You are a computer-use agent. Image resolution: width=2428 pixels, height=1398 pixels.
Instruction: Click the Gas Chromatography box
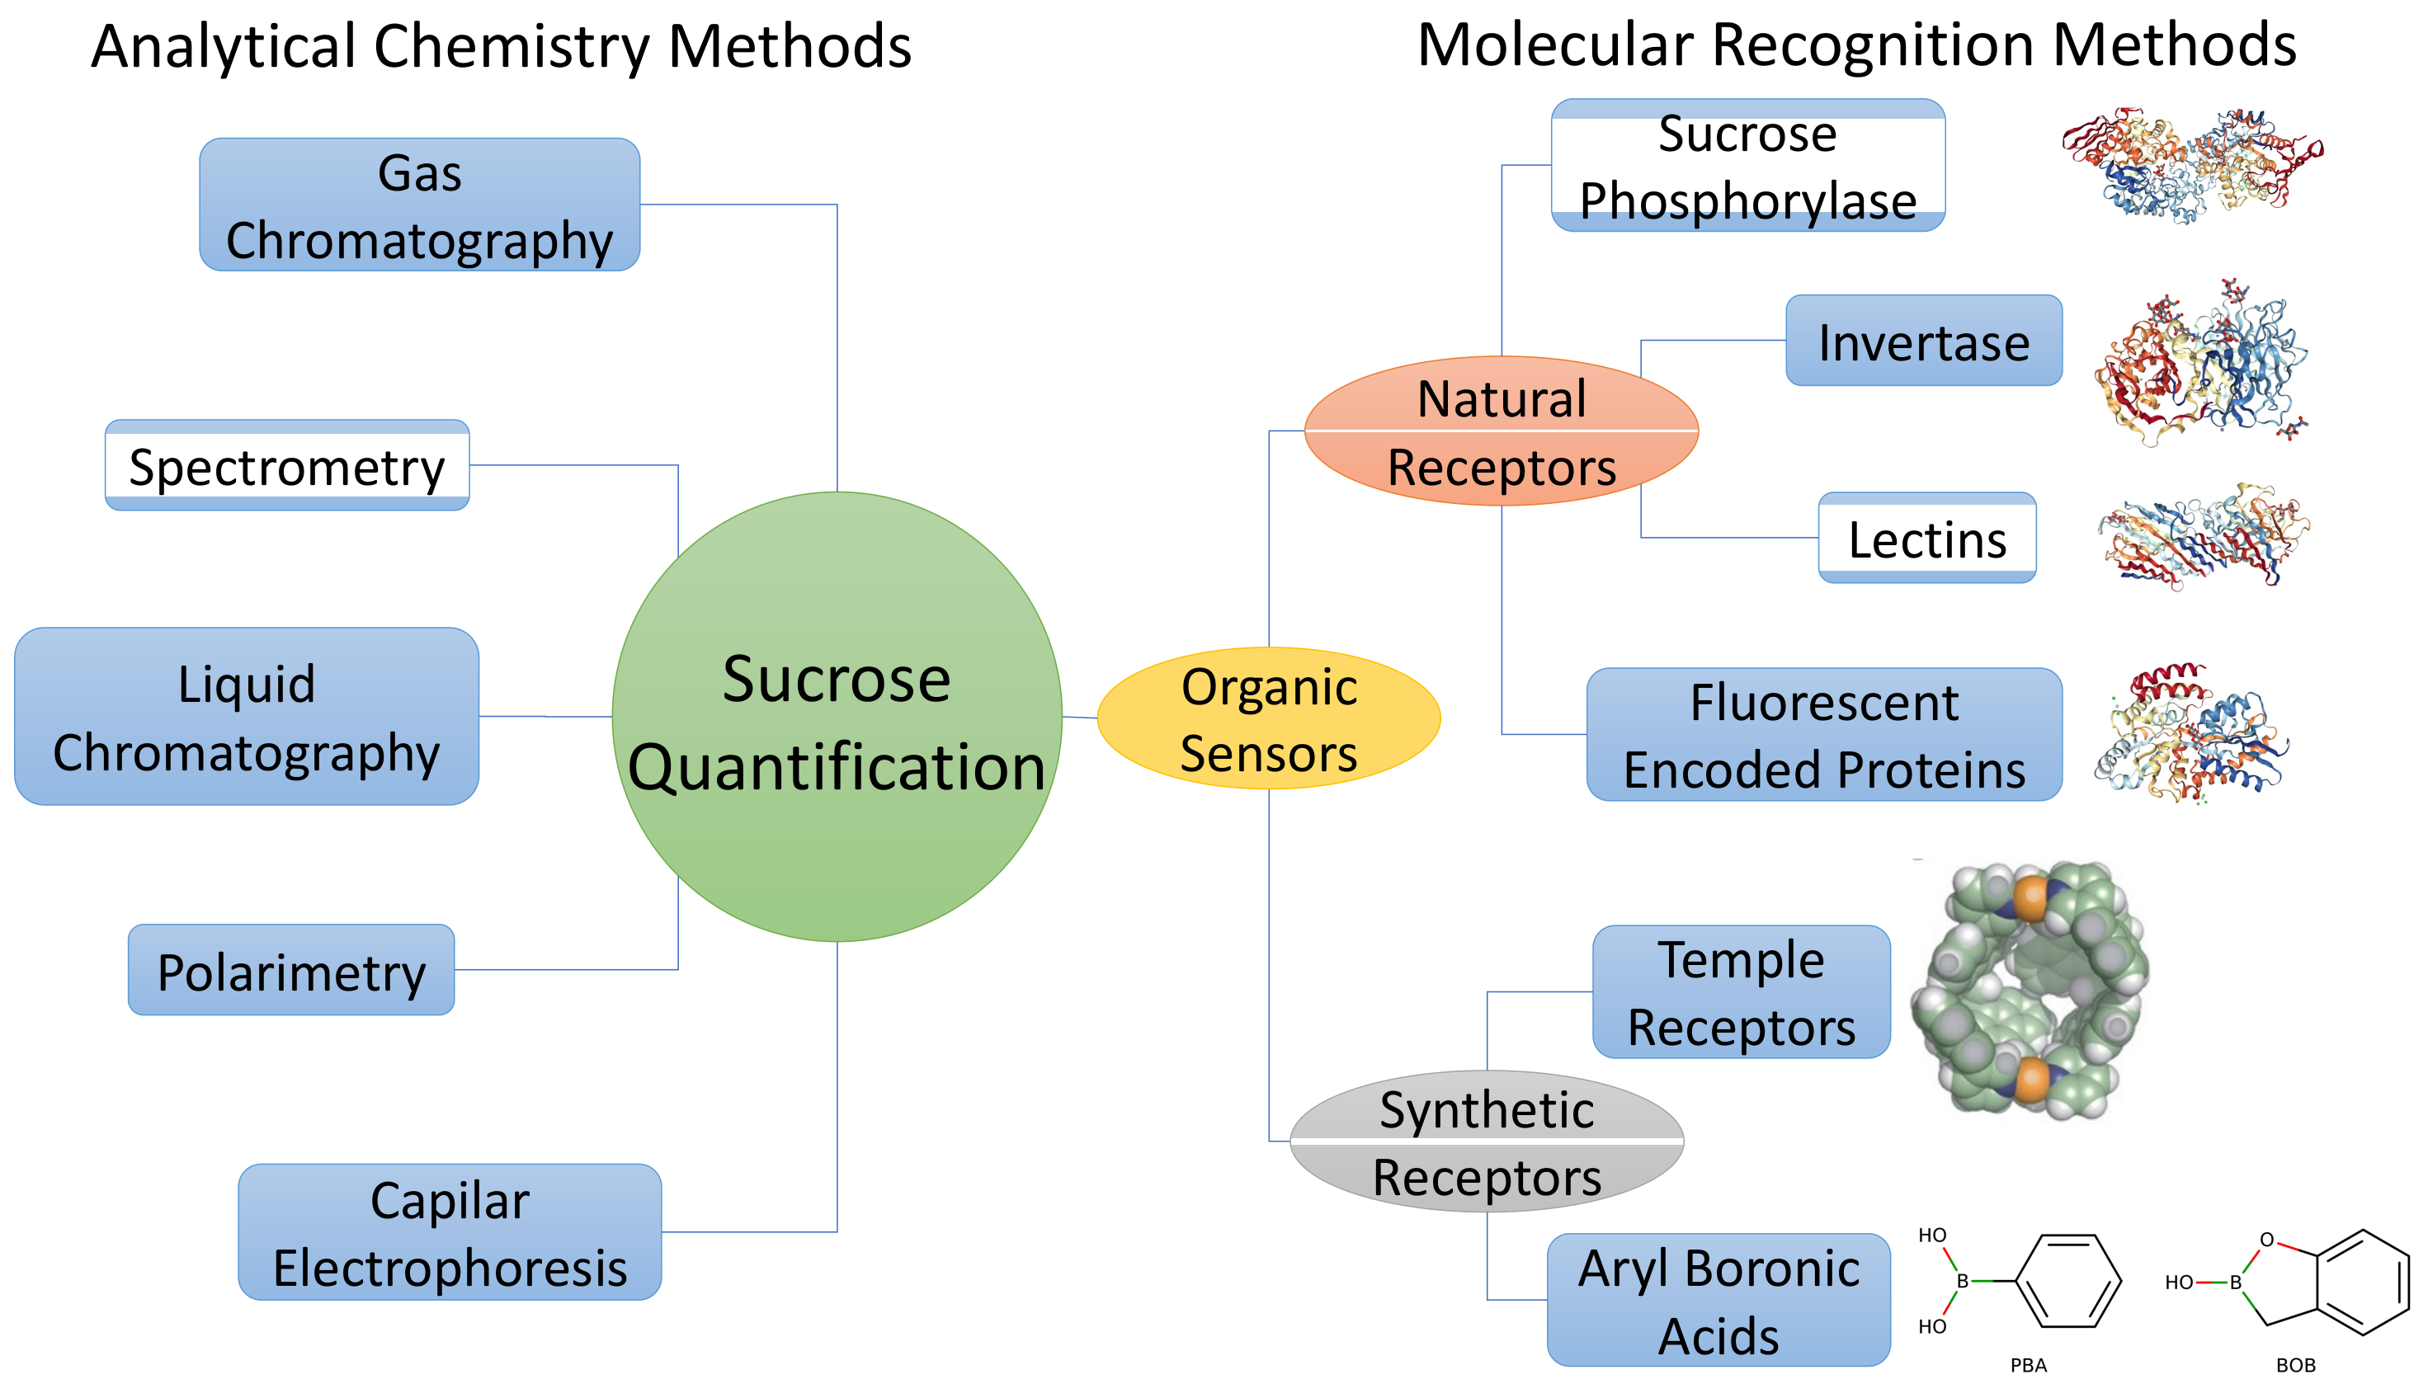[x=420, y=205]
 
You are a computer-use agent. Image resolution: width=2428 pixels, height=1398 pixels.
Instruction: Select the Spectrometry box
[x=286, y=466]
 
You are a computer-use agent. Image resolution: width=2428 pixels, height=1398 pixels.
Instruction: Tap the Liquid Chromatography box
[x=246, y=716]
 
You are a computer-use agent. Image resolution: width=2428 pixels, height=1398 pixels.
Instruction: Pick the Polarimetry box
[x=291, y=970]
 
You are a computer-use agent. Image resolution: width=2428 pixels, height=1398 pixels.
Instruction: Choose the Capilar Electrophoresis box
[x=450, y=1232]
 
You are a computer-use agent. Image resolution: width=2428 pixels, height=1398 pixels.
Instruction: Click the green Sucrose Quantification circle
[x=837, y=716]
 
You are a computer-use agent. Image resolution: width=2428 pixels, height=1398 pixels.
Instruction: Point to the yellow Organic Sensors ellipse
[x=1268, y=718]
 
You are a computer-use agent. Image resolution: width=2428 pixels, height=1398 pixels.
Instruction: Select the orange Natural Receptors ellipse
[x=1502, y=431]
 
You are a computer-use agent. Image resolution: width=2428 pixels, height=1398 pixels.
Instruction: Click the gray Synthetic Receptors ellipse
[x=1486, y=1141]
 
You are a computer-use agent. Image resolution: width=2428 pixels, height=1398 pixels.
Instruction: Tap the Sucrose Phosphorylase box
[x=1747, y=165]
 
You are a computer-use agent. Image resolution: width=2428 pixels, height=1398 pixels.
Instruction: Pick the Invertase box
[x=1923, y=341]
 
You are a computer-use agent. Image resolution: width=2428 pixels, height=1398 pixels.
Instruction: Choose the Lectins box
[x=1926, y=538]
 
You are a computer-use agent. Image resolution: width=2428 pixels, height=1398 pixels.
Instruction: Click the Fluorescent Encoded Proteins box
[x=1823, y=735]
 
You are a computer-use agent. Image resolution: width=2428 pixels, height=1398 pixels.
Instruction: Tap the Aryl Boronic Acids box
[x=1718, y=1300]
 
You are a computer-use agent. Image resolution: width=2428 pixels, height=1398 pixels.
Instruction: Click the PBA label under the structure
[x=2029, y=1365]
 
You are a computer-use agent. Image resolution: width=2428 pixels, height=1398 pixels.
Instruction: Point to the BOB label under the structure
[x=2295, y=1365]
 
